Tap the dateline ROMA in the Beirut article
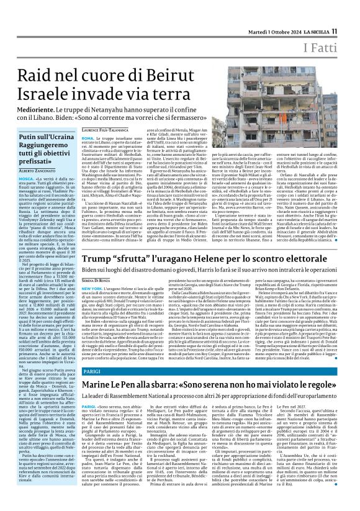tap(88, 137)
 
